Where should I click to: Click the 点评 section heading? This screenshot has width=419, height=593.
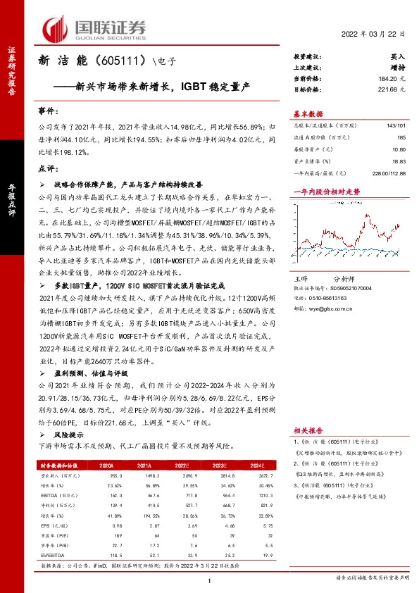point(48,168)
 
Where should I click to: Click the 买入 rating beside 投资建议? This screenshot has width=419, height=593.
point(398,56)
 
